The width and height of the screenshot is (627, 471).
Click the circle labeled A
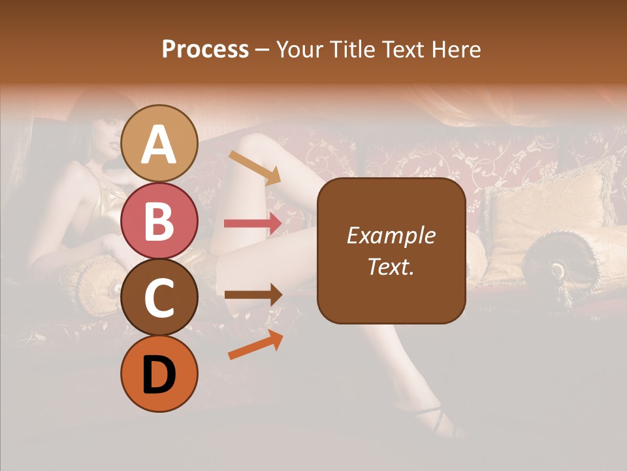(159, 143)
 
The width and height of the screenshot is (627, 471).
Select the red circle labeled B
(159, 220)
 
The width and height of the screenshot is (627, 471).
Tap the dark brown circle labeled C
(159, 298)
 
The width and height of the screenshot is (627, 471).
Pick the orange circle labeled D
(159, 374)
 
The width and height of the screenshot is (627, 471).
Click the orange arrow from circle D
(255, 345)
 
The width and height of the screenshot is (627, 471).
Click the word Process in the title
(205, 49)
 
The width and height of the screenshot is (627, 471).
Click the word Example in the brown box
(391, 235)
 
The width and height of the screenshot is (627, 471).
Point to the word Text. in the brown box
(391, 266)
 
